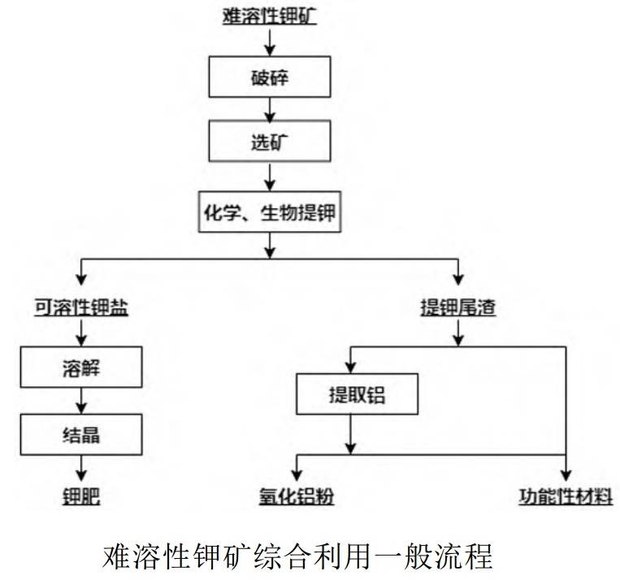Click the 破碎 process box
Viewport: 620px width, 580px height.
(270, 76)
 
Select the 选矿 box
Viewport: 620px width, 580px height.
(270, 142)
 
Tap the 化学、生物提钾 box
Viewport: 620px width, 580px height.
(270, 212)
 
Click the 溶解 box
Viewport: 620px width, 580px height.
(81, 367)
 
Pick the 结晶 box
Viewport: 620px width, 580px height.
(81, 434)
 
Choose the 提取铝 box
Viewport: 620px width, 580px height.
(357, 395)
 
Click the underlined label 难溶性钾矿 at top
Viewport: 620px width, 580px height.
(270, 16)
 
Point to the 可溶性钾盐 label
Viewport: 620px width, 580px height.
(81, 307)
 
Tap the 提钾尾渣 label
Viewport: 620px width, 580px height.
(458, 307)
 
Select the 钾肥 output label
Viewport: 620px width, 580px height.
(81, 496)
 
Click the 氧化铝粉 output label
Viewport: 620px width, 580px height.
(297, 496)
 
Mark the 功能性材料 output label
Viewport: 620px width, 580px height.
(566, 496)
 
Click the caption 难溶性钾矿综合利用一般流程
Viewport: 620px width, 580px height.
(297, 556)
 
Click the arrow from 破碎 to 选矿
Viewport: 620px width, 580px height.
(270, 110)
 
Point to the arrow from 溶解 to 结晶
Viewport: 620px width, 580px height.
(81, 401)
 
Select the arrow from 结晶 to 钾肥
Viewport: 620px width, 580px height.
(81, 469)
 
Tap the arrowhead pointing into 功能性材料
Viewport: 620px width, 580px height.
(566, 476)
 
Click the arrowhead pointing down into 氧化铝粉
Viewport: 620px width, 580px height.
(297, 476)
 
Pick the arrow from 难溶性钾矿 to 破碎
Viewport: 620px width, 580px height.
(270, 42)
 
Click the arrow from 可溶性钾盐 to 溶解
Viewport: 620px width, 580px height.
(81, 333)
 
